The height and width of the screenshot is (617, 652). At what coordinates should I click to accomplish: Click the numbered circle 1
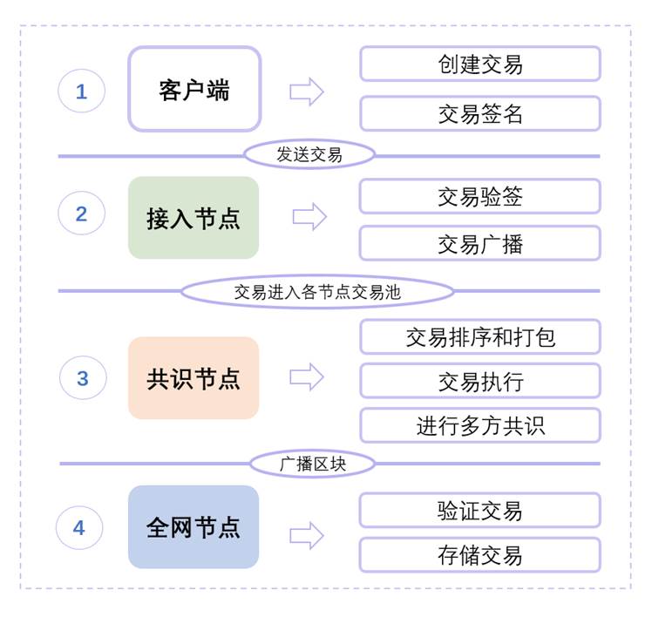tap(82, 91)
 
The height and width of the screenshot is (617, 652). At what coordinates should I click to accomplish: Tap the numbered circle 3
tap(83, 377)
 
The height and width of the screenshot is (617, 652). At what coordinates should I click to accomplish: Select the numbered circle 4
tap(79, 527)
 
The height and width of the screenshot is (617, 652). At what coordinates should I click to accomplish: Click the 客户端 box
tap(194, 90)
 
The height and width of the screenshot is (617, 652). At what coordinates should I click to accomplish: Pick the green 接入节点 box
tap(194, 218)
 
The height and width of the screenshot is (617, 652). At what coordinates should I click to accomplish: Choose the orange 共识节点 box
tap(194, 378)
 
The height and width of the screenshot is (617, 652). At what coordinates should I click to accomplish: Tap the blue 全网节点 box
tap(194, 527)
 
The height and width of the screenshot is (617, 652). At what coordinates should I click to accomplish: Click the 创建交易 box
tap(480, 64)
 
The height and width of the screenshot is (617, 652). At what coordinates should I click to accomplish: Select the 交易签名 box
tap(480, 113)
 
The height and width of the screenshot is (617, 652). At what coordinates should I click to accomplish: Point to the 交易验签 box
tap(480, 196)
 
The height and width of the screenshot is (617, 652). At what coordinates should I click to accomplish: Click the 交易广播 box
tap(480, 243)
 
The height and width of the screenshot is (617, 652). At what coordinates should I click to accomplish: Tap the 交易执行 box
tap(480, 381)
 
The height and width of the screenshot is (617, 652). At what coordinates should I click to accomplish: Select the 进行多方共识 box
tap(480, 425)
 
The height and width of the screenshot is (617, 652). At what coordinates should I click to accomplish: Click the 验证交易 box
tap(480, 510)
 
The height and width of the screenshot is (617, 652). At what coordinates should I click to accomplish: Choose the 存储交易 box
tap(480, 555)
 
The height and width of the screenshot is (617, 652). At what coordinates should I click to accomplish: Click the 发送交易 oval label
tap(309, 155)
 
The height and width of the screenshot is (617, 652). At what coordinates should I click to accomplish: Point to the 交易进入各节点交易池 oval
tap(317, 291)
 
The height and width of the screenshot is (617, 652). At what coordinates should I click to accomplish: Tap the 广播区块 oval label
tap(312, 464)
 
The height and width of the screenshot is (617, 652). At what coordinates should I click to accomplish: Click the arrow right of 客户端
tap(307, 92)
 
